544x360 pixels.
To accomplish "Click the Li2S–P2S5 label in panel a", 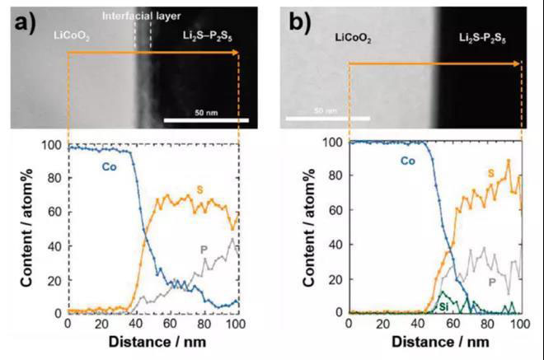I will pyautogui.click(x=209, y=37).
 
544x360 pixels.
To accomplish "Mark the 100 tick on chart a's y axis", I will pyautogui.click(x=54, y=147).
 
